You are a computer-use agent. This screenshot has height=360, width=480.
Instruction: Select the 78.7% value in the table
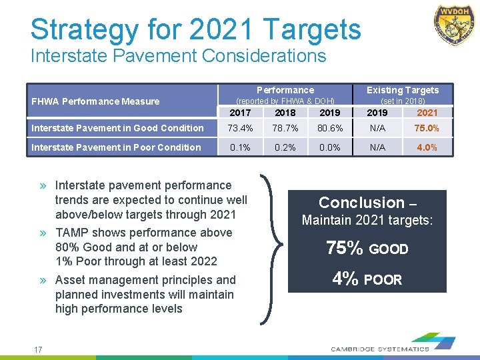coord(285,128)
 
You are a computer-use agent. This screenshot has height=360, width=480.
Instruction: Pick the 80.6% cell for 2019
coord(329,128)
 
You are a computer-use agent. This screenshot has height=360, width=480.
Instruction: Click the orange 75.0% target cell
coord(427,128)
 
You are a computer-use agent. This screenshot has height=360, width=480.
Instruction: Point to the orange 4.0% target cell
coord(427,147)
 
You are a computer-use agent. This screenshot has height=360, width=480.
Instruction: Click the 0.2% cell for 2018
coord(285,147)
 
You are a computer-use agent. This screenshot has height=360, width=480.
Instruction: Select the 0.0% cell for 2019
coord(329,147)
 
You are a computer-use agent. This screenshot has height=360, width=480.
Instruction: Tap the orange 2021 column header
coord(427,113)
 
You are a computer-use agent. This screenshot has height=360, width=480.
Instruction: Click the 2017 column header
coord(239,113)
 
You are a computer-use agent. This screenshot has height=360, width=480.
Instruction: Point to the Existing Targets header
coord(403,90)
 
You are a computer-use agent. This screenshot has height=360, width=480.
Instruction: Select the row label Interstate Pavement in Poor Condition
coord(116,147)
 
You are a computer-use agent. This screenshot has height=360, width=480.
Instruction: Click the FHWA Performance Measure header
coord(96,101)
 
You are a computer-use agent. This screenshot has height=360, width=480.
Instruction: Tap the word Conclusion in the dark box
coord(361,203)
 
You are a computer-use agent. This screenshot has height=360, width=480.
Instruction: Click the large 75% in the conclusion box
coord(344,249)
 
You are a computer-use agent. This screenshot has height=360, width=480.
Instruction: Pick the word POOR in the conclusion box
coord(383,280)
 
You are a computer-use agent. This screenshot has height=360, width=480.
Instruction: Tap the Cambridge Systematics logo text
coord(381,349)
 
